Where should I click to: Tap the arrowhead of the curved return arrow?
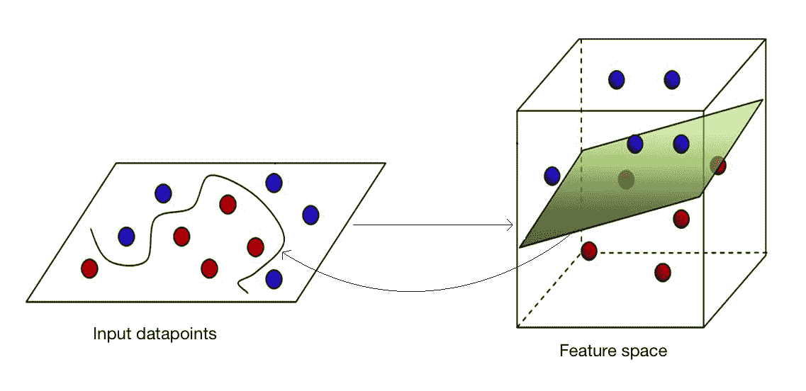tap(284, 253)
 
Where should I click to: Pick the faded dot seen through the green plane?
tap(625, 179)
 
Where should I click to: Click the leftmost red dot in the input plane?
tap(89, 268)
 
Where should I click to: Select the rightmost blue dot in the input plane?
tap(310, 215)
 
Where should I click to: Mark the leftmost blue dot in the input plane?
tap(126, 236)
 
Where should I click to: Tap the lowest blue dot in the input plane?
tap(273, 278)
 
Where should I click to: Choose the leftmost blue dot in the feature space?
tap(552, 175)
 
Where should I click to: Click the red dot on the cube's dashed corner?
tap(588, 251)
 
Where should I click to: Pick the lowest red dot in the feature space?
tap(663, 272)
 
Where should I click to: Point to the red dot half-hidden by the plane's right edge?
tap(719, 166)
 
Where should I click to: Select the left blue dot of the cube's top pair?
tap(617, 79)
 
